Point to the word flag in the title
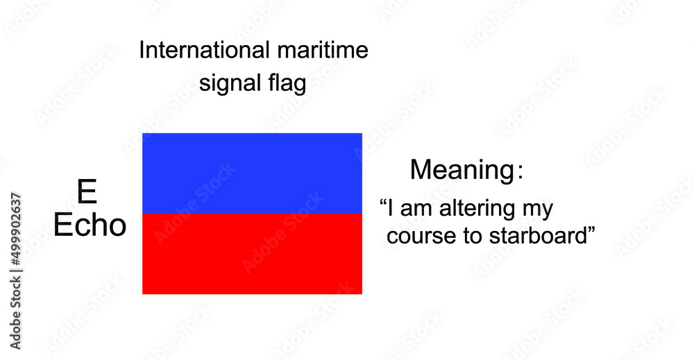(286, 84)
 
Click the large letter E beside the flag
(87, 191)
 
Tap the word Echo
(90, 225)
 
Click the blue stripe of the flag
(252, 173)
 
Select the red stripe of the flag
(252, 254)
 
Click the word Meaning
(460, 170)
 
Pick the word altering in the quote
(483, 208)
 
